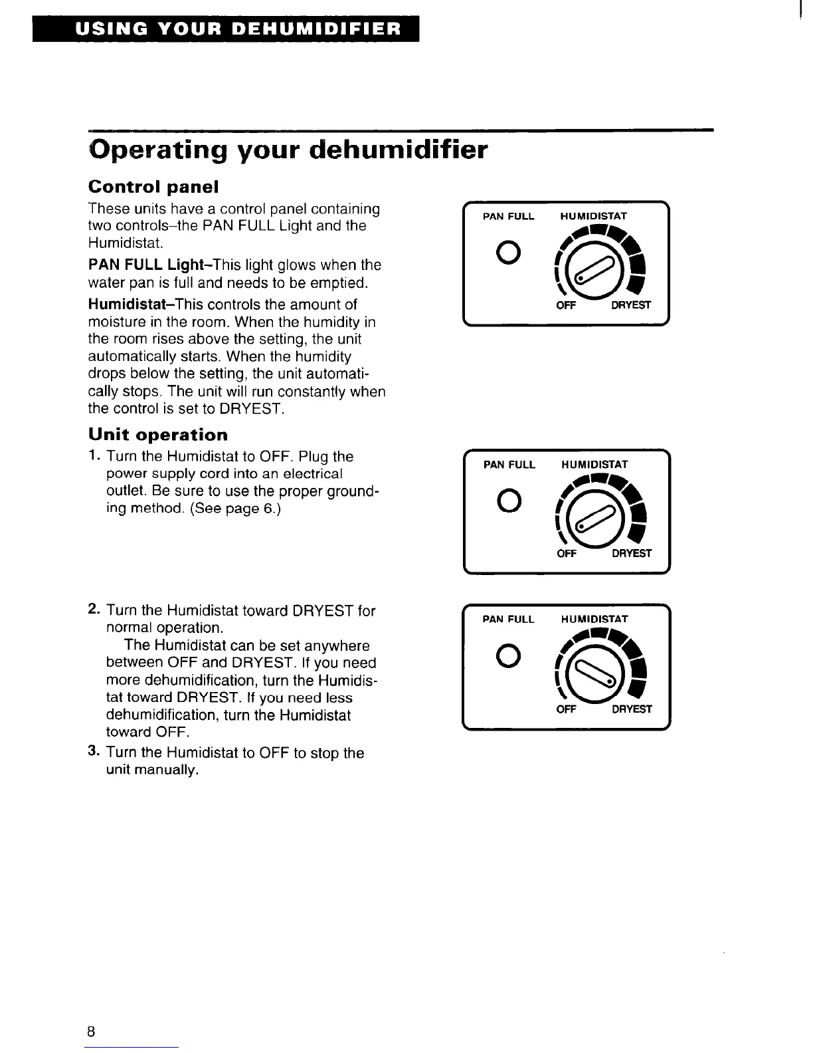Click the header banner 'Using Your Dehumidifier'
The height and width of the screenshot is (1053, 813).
[226, 29]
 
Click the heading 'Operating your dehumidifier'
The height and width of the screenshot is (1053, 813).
[288, 150]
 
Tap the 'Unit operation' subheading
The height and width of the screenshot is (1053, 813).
[158, 435]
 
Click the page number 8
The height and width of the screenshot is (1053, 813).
[91, 1031]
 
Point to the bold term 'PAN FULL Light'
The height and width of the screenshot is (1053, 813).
[137, 265]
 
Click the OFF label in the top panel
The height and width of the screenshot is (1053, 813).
[565, 306]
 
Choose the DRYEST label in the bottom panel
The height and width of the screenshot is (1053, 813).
[631, 709]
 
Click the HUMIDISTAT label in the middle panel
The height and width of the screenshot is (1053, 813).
[594, 465]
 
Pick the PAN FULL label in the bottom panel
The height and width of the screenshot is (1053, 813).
[508, 620]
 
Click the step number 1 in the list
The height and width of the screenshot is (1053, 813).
[94, 457]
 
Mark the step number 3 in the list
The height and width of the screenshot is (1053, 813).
[94, 753]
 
